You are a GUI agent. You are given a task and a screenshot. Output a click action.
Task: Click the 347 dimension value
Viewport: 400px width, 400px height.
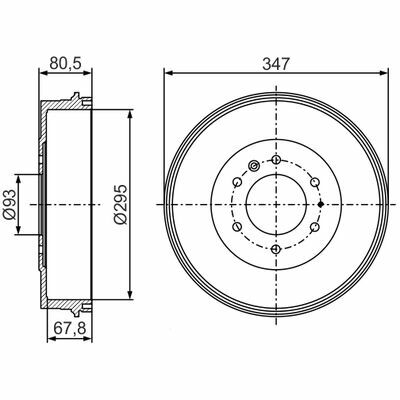pyautogui.click(x=276, y=63)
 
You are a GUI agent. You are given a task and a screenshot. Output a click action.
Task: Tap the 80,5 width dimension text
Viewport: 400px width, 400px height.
pyautogui.click(x=65, y=63)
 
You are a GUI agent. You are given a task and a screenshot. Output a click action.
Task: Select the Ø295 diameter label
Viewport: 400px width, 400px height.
pyautogui.click(x=120, y=204)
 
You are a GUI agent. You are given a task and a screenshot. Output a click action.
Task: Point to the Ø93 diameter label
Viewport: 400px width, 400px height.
pyautogui.click(x=10, y=204)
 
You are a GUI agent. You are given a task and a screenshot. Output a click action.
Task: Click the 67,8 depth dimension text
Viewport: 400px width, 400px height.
pyautogui.click(x=70, y=329)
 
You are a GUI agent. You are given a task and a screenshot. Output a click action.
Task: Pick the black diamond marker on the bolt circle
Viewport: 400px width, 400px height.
pyautogui.click(x=321, y=204)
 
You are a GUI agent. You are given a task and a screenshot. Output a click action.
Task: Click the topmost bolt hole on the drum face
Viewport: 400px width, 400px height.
pyautogui.click(x=276, y=160)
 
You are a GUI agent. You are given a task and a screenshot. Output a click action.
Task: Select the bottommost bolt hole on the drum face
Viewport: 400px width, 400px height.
pyautogui.click(x=276, y=249)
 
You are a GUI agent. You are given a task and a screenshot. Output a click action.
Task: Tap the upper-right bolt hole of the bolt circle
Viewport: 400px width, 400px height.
pyautogui.click(x=314, y=182)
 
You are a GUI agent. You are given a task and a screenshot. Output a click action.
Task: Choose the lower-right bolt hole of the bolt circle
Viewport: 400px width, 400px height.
pyautogui.click(x=314, y=227)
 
